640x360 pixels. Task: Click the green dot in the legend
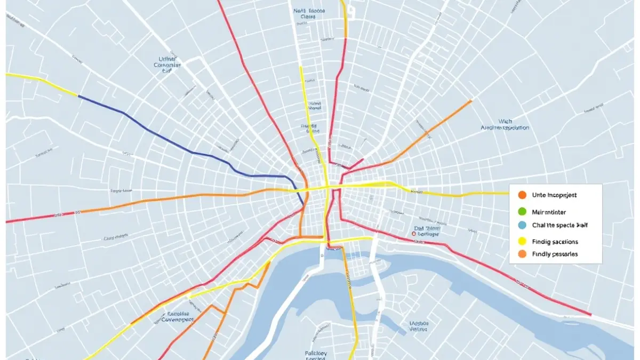pos(522,211)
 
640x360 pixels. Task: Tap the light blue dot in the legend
pos(522,226)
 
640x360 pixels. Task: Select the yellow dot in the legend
pos(522,241)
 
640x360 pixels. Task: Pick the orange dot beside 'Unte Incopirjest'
pos(522,195)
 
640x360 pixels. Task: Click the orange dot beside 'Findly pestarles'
pos(522,254)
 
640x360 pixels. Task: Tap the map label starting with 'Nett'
pos(310,13)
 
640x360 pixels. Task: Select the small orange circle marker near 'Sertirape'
pos(414,234)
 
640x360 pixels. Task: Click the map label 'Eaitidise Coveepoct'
pos(176,317)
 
